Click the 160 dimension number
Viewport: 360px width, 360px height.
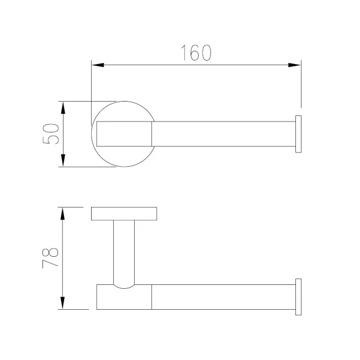coord(196,53)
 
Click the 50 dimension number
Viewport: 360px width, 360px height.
coord(51,134)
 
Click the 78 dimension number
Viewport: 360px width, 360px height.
coord(50,258)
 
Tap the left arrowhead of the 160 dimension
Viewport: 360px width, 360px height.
coord(98,65)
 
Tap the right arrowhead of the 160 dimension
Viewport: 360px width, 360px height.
coord(294,65)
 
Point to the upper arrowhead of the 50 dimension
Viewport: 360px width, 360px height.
coord(63,108)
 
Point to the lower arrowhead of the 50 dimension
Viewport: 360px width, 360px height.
coord(63,160)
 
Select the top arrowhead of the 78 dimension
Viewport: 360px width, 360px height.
coord(62,214)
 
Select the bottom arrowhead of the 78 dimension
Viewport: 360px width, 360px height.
coord(62,303)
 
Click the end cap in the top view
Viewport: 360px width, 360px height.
coord(298,134)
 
